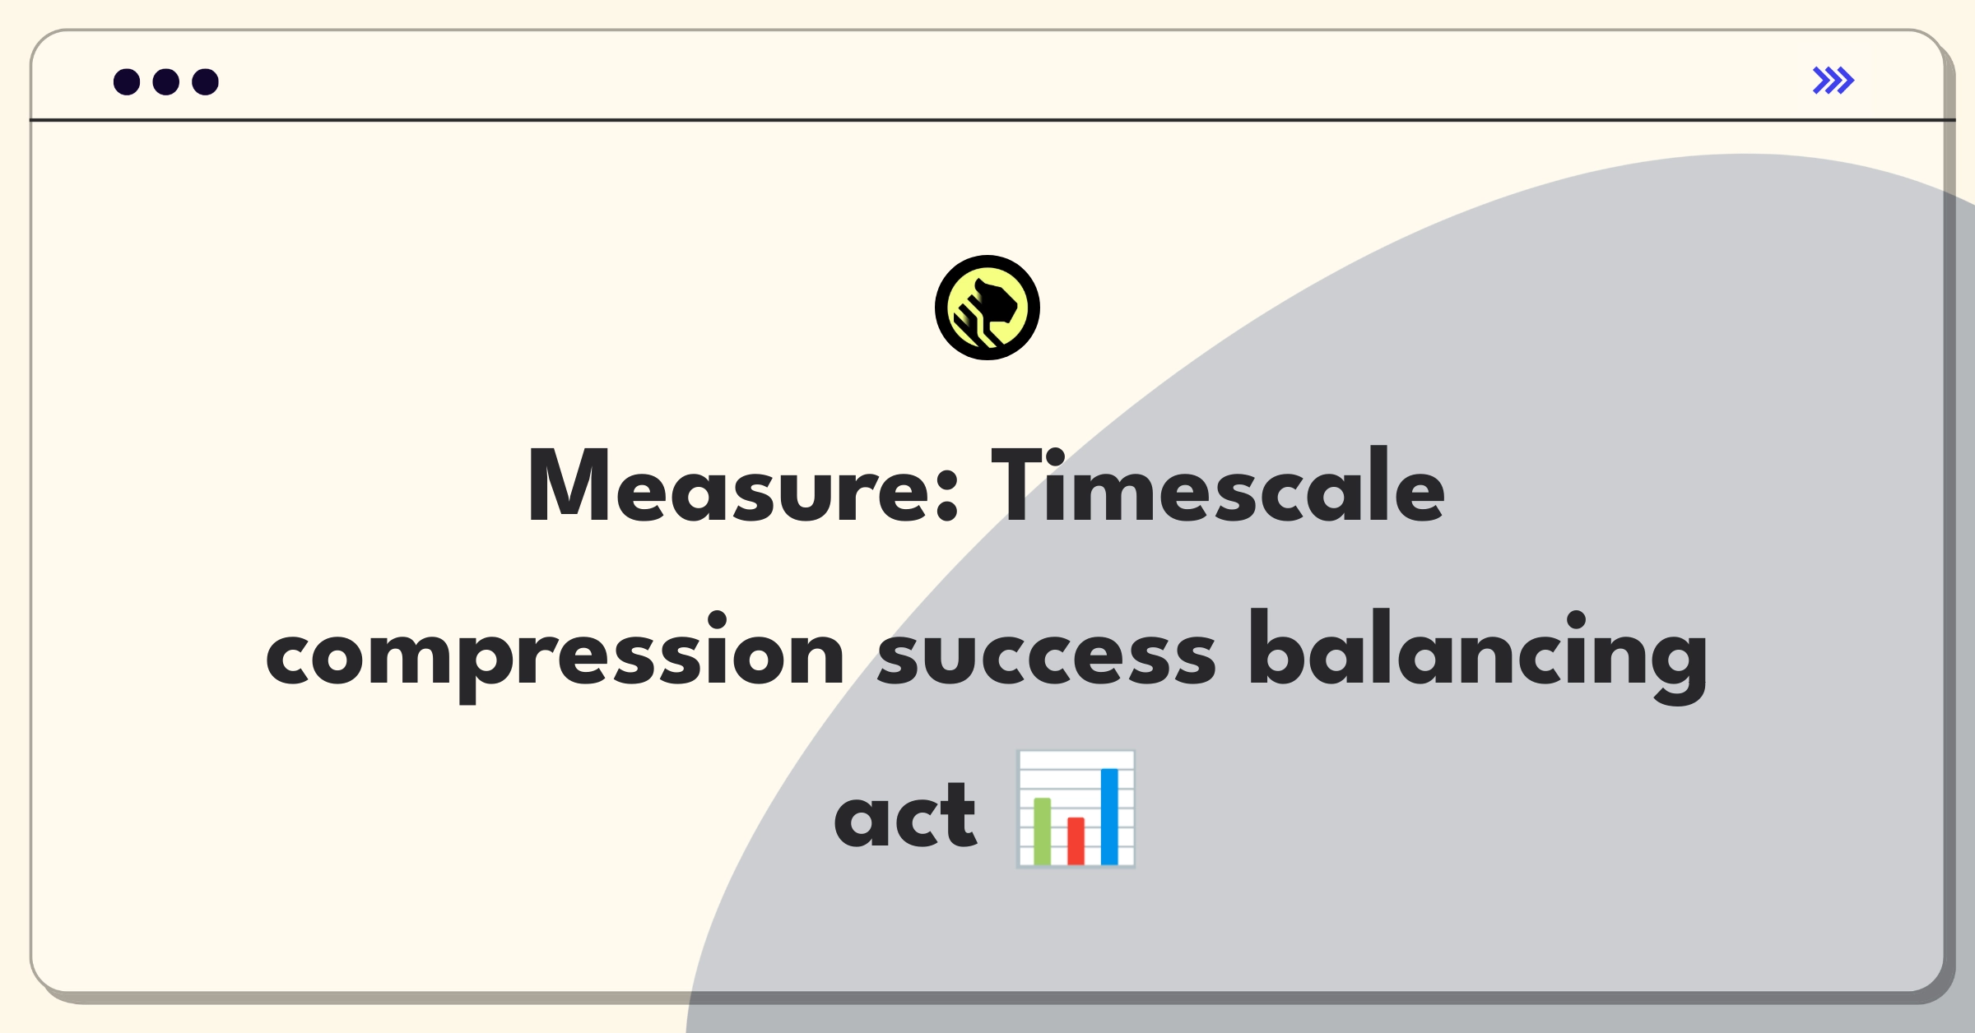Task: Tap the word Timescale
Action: click(x=1218, y=485)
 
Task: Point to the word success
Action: click(x=1047, y=658)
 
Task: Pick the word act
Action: click(x=905, y=817)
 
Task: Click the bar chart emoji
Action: click(x=1076, y=809)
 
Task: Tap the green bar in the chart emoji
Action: click(x=1042, y=831)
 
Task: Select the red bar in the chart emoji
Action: click(x=1076, y=841)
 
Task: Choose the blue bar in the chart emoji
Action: click(x=1109, y=817)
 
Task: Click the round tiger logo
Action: click(x=987, y=308)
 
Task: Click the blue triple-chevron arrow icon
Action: click(x=1833, y=81)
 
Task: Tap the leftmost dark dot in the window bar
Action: click(x=127, y=81)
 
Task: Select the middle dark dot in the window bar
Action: click(x=166, y=81)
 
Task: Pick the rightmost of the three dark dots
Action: click(x=206, y=81)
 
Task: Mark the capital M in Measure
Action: click(x=568, y=485)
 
